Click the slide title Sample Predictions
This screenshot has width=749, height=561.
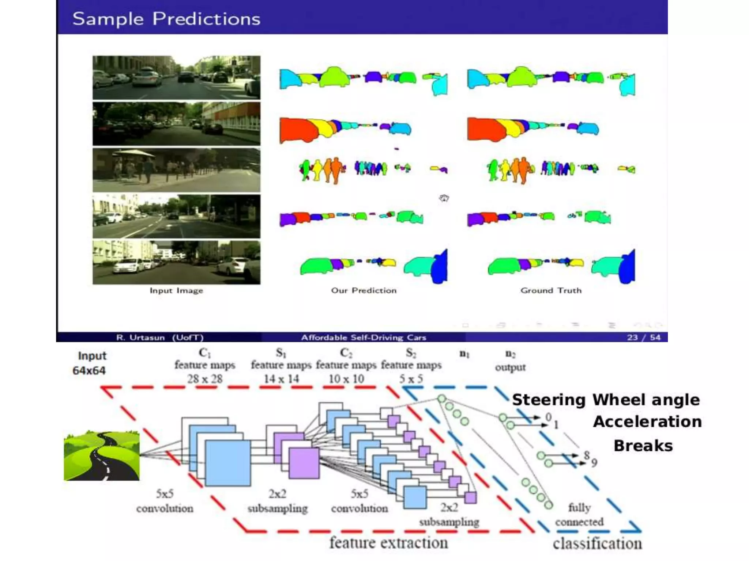coord(166,19)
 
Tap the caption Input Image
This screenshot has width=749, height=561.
coord(176,291)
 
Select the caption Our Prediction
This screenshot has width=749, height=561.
coord(364,291)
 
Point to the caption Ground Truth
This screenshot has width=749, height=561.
coord(551,291)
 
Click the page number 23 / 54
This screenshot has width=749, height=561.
coord(644,337)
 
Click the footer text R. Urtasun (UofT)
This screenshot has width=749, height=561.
coord(160,337)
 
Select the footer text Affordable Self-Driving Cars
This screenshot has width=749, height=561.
coord(364,337)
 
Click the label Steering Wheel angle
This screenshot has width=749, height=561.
coord(606,400)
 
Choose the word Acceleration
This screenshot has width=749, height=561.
coord(647,422)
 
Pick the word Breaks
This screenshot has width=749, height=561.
coord(643,446)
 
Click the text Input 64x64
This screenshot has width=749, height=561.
coord(90,363)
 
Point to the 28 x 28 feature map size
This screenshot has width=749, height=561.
coord(205,379)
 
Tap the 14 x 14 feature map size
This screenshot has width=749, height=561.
coord(281,379)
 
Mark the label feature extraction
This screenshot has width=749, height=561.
coord(388,543)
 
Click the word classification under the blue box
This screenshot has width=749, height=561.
coord(597,544)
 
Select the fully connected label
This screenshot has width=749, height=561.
coord(579,515)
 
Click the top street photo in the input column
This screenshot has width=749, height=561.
coord(176,77)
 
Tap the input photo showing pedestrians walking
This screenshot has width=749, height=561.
coord(176,170)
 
